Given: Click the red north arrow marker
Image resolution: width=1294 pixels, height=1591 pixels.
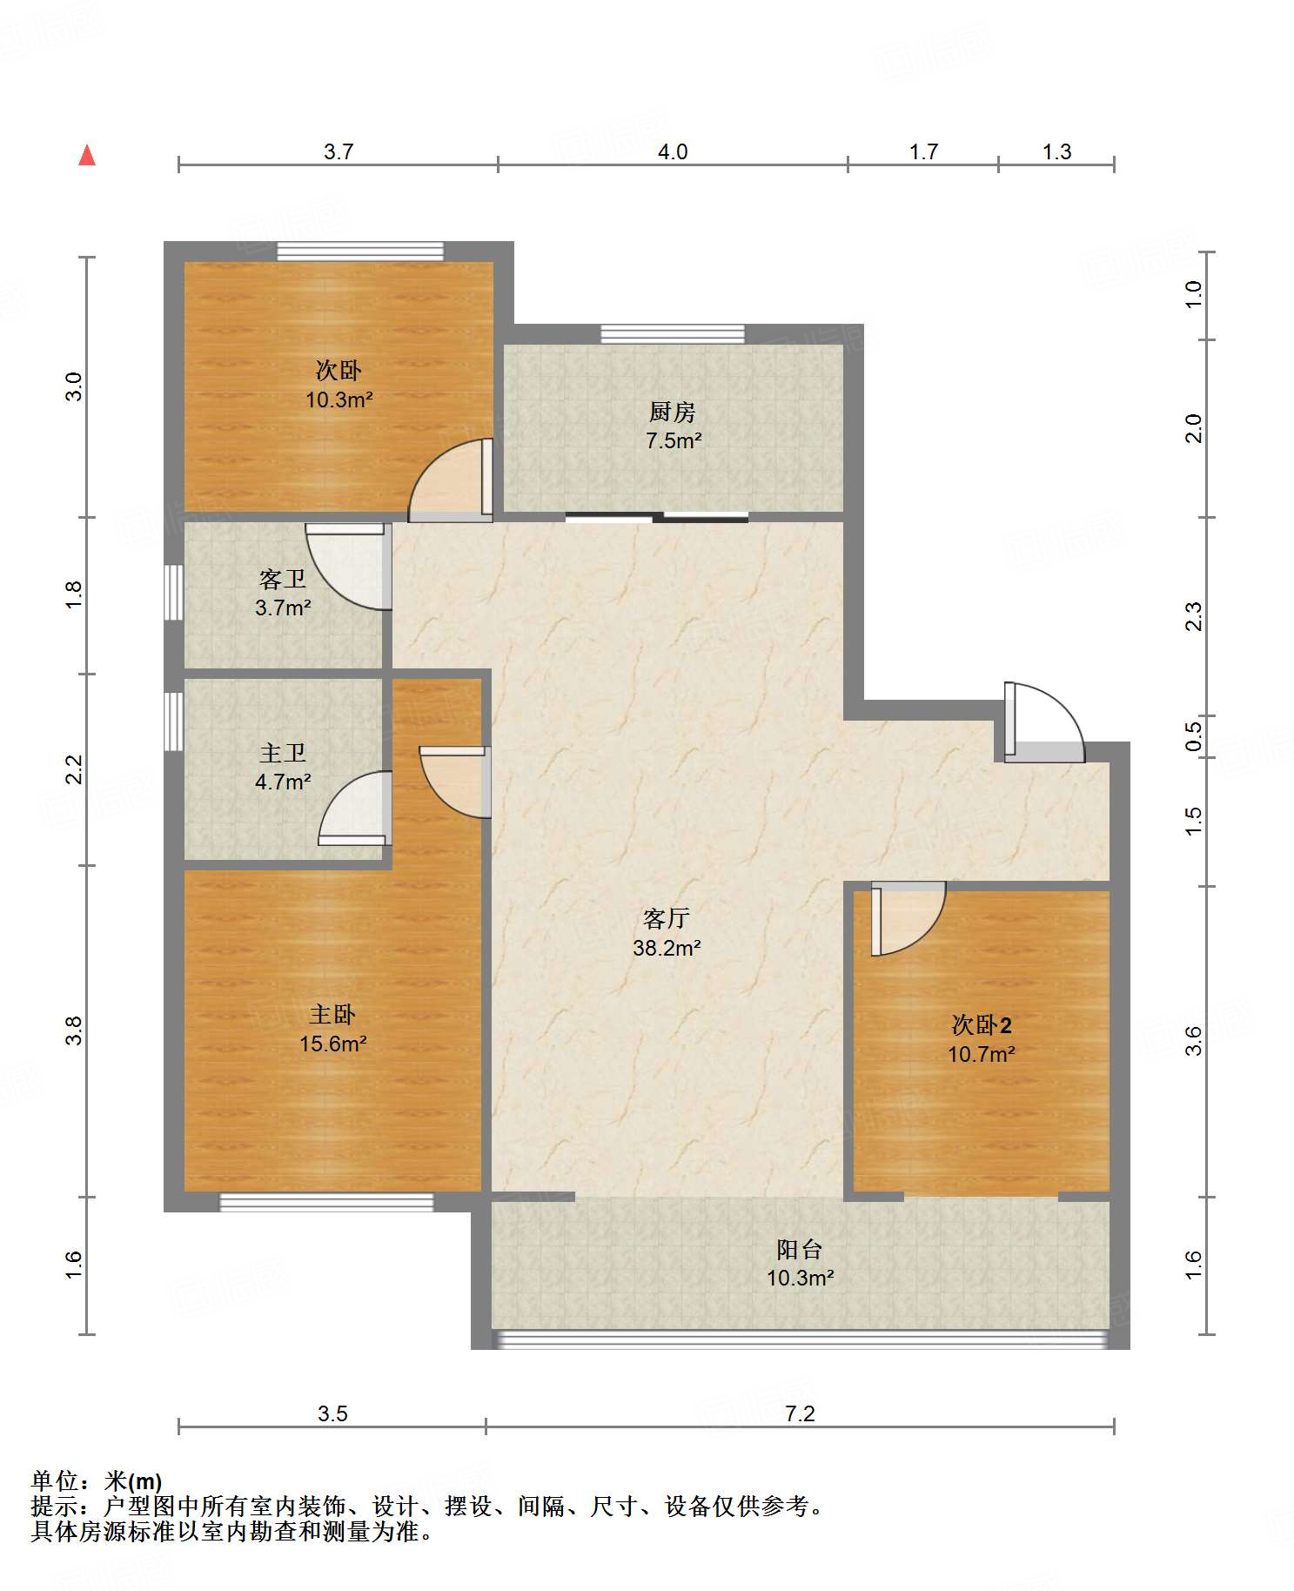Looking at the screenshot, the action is click(x=87, y=155).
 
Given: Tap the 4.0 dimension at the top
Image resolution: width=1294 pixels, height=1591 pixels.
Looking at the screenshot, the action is click(x=673, y=152).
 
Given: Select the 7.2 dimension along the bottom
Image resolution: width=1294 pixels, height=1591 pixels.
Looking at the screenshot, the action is click(x=800, y=1413).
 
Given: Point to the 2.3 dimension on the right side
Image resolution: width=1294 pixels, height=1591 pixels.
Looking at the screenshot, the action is click(x=1194, y=616).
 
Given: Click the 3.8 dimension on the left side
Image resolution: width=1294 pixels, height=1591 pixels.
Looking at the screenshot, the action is click(x=75, y=1030).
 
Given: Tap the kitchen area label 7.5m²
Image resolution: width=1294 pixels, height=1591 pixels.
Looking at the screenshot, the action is click(x=674, y=441).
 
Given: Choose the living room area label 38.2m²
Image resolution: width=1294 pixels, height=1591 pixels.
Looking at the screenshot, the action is click(x=667, y=948).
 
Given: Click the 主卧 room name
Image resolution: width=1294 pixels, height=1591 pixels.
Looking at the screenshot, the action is click(x=332, y=1015).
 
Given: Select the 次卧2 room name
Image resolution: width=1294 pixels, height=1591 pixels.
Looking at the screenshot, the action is click(x=982, y=1025).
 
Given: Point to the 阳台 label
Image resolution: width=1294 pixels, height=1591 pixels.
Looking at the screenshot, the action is click(x=800, y=1250).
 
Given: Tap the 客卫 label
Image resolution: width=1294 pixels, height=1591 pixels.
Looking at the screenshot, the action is click(x=283, y=580).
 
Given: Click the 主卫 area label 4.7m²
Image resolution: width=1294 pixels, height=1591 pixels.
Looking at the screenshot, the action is click(x=283, y=782).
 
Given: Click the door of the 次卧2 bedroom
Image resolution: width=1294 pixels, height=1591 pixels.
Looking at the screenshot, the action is click(x=908, y=918).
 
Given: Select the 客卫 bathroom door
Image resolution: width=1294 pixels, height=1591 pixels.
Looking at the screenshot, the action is click(x=346, y=566).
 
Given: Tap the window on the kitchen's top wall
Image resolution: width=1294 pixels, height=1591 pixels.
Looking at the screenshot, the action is click(x=673, y=334).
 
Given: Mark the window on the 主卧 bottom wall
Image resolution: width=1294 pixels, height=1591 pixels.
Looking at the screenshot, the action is click(x=326, y=1202).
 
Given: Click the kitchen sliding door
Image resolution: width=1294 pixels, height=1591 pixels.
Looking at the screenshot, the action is click(x=657, y=517).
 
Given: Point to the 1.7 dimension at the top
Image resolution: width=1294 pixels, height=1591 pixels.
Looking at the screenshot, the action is click(x=923, y=152).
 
